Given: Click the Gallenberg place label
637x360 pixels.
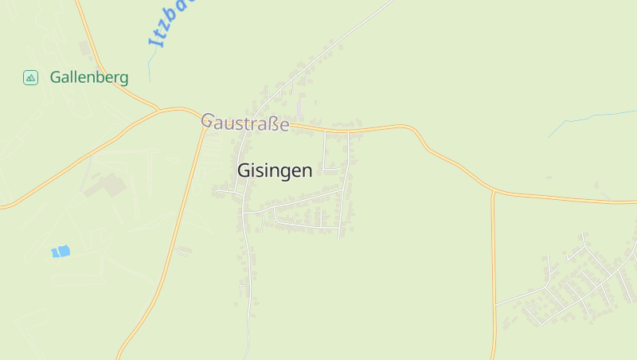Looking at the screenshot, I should [89, 77].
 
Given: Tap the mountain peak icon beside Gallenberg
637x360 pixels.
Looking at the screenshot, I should [30, 77].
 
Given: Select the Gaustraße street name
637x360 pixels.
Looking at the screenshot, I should [244, 123].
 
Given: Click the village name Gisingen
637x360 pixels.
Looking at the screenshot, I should [275, 170].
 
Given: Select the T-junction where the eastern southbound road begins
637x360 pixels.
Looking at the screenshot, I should [493, 192].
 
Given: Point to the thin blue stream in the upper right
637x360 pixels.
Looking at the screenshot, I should [589, 119].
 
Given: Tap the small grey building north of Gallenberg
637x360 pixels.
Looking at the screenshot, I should [85, 48].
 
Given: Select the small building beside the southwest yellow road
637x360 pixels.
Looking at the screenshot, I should [184, 250].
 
